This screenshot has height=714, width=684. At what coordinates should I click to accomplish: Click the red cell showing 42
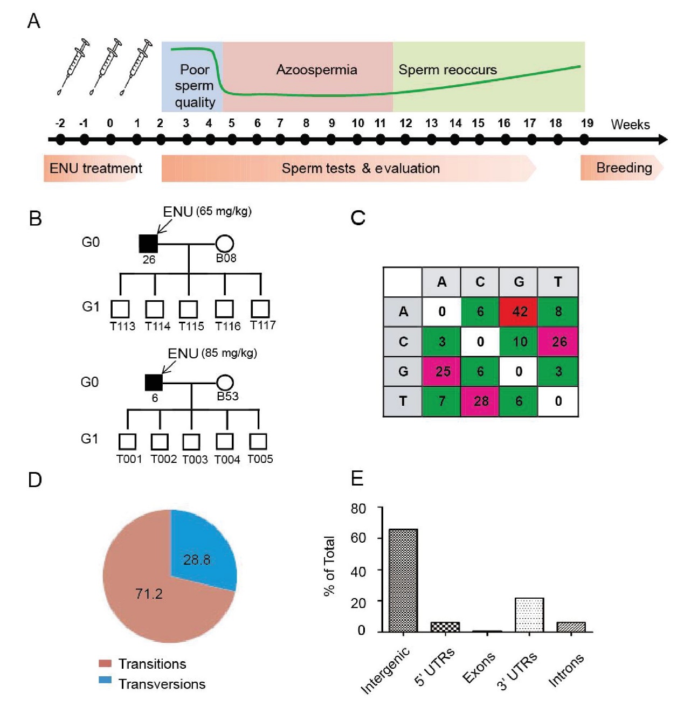[519, 311]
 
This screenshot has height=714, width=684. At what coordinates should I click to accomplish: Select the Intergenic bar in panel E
[403, 580]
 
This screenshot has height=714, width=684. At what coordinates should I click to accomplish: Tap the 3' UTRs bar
[529, 614]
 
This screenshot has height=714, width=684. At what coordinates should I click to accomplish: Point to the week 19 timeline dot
[584, 140]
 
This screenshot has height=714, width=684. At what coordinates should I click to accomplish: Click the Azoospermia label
[316, 70]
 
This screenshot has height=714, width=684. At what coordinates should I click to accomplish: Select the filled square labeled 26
[148, 244]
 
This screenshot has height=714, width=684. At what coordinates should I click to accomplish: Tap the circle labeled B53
[225, 383]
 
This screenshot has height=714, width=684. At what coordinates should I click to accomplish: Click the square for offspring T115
[188, 309]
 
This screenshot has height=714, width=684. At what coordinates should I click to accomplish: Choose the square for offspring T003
[191, 442]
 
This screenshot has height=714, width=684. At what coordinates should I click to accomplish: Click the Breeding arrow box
[622, 168]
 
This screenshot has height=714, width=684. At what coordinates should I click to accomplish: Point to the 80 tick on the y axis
[358, 508]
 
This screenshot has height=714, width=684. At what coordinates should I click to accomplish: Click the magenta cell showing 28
[480, 401]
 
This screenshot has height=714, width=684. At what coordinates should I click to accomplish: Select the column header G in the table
[519, 282]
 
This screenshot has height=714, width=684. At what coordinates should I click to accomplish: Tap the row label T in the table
[403, 401]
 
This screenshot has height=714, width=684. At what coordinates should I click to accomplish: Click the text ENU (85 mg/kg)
[212, 353]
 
